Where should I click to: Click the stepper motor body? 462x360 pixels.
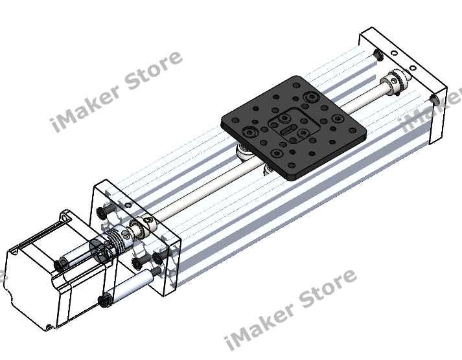click(x=39, y=285)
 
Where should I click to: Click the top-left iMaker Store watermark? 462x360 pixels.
click(x=117, y=91)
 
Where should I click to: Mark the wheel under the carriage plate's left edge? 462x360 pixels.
click(x=245, y=154)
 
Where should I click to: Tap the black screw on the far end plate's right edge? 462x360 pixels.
click(x=434, y=99)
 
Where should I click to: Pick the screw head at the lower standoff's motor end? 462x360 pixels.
click(x=104, y=300)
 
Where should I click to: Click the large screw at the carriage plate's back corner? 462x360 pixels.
click(x=307, y=97)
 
